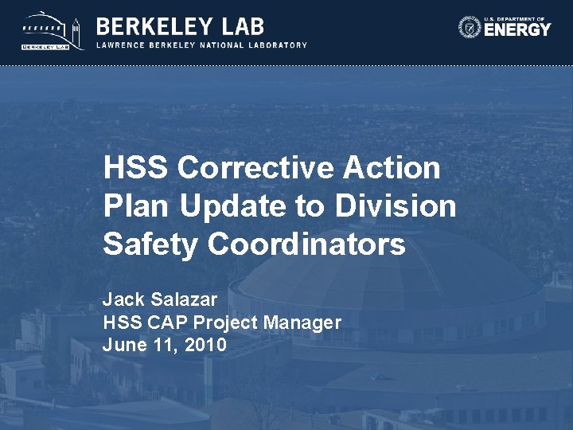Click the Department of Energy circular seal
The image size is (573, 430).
pyautogui.click(x=470, y=27)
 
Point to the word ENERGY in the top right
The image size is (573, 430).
pyautogui.click(x=517, y=30)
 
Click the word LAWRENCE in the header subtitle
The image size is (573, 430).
pyautogui.click(x=121, y=45)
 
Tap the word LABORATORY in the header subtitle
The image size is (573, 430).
pyautogui.click(x=276, y=45)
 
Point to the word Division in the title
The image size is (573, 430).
pyautogui.click(x=396, y=206)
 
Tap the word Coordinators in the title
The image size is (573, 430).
pyautogui.click(x=307, y=244)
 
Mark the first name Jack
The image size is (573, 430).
pyautogui.click(x=120, y=299)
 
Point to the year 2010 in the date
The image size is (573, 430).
pyautogui.click(x=205, y=346)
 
